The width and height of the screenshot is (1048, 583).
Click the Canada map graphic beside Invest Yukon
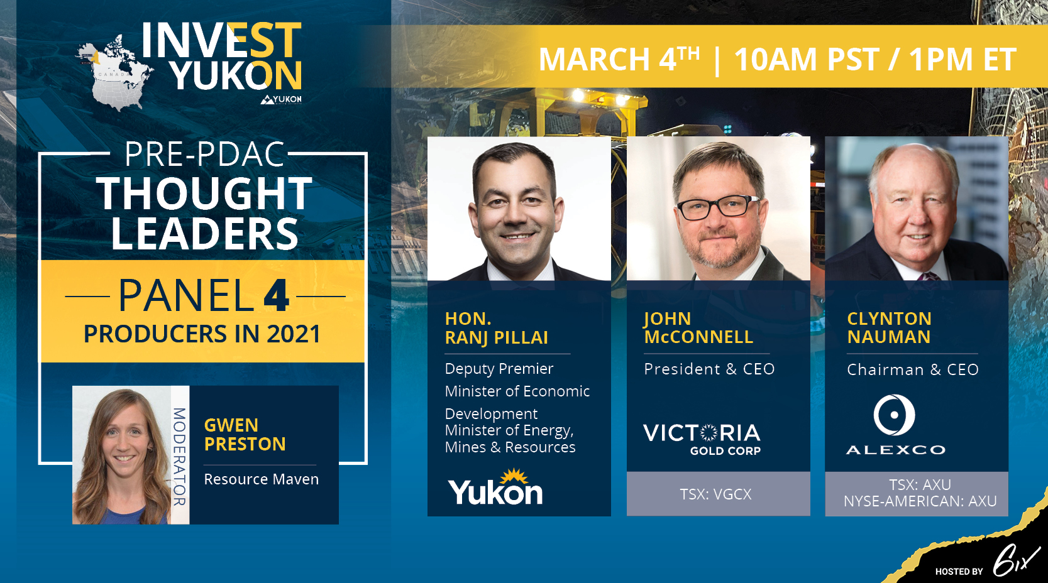114,72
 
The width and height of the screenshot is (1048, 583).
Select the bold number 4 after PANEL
276,296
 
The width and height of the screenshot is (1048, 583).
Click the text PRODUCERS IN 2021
202,334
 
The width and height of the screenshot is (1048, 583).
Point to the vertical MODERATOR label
180,456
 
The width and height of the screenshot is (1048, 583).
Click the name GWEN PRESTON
245,435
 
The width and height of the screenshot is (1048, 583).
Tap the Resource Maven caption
261,479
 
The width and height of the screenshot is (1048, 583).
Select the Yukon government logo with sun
495,487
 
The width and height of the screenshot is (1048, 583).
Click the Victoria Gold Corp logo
702,439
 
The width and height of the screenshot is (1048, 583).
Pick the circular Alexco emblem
894,415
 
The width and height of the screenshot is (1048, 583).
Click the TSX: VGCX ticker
716,494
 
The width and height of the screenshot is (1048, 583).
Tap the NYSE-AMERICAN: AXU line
920,501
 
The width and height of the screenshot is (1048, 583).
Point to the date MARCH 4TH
619,59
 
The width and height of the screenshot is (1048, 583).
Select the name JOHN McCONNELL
698,328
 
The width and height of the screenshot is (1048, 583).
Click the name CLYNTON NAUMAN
889,328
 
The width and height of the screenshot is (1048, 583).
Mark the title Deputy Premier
499,369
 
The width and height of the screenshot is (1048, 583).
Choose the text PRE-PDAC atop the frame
204,155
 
